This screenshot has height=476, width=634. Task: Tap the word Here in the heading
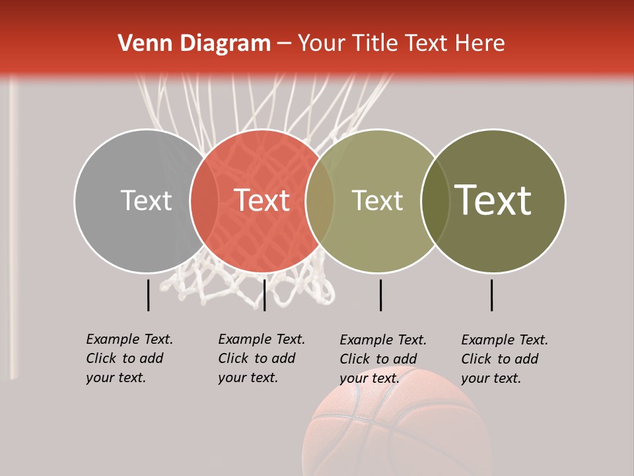[x=479, y=44]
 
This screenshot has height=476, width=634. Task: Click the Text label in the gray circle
[x=146, y=200]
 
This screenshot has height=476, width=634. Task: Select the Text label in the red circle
[x=262, y=200]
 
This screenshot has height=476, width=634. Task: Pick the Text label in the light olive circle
[x=377, y=200]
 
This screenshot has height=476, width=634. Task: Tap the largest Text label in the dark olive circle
[x=493, y=200]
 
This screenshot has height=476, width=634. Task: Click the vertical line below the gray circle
[x=149, y=295]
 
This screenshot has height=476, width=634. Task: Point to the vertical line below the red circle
[x=264, y=295]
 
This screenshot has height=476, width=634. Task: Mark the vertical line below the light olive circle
[x=380, y=295]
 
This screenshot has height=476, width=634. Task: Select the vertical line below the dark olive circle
[x=492, y=295]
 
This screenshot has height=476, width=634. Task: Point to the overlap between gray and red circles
[x=204, y=201]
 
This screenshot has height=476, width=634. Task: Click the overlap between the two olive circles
[x=435, y=201]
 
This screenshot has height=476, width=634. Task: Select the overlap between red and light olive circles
[x=320, y=201]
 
